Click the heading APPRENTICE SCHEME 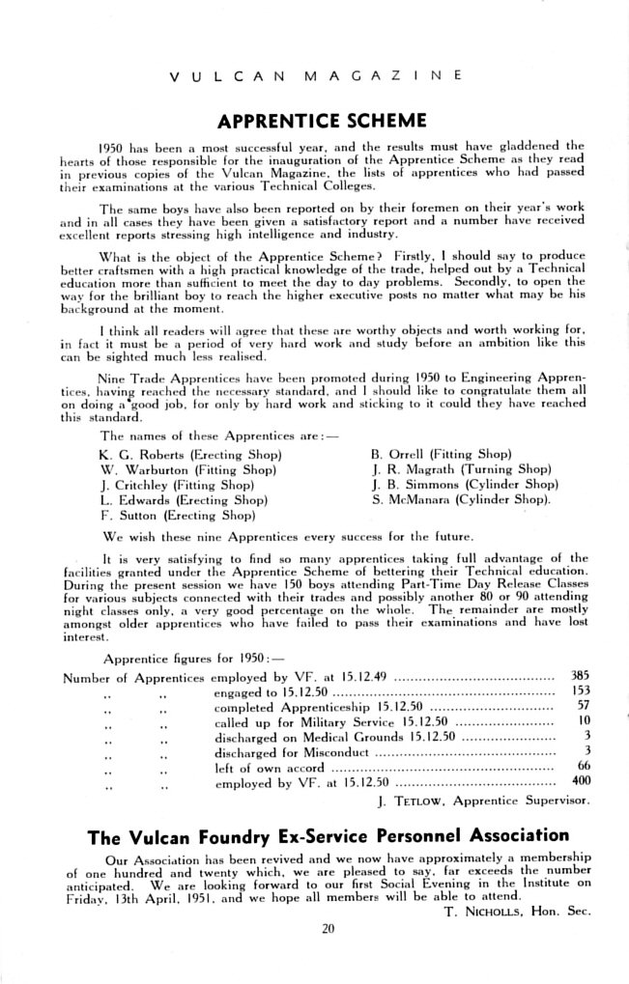pyautogui.click(x=322, y=121)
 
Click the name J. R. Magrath pyautogui.click(x=409, y=468)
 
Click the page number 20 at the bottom pyautogui.click(x=328, y=929)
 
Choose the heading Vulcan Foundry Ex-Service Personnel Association pyautogui.click(x=329, y=834)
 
